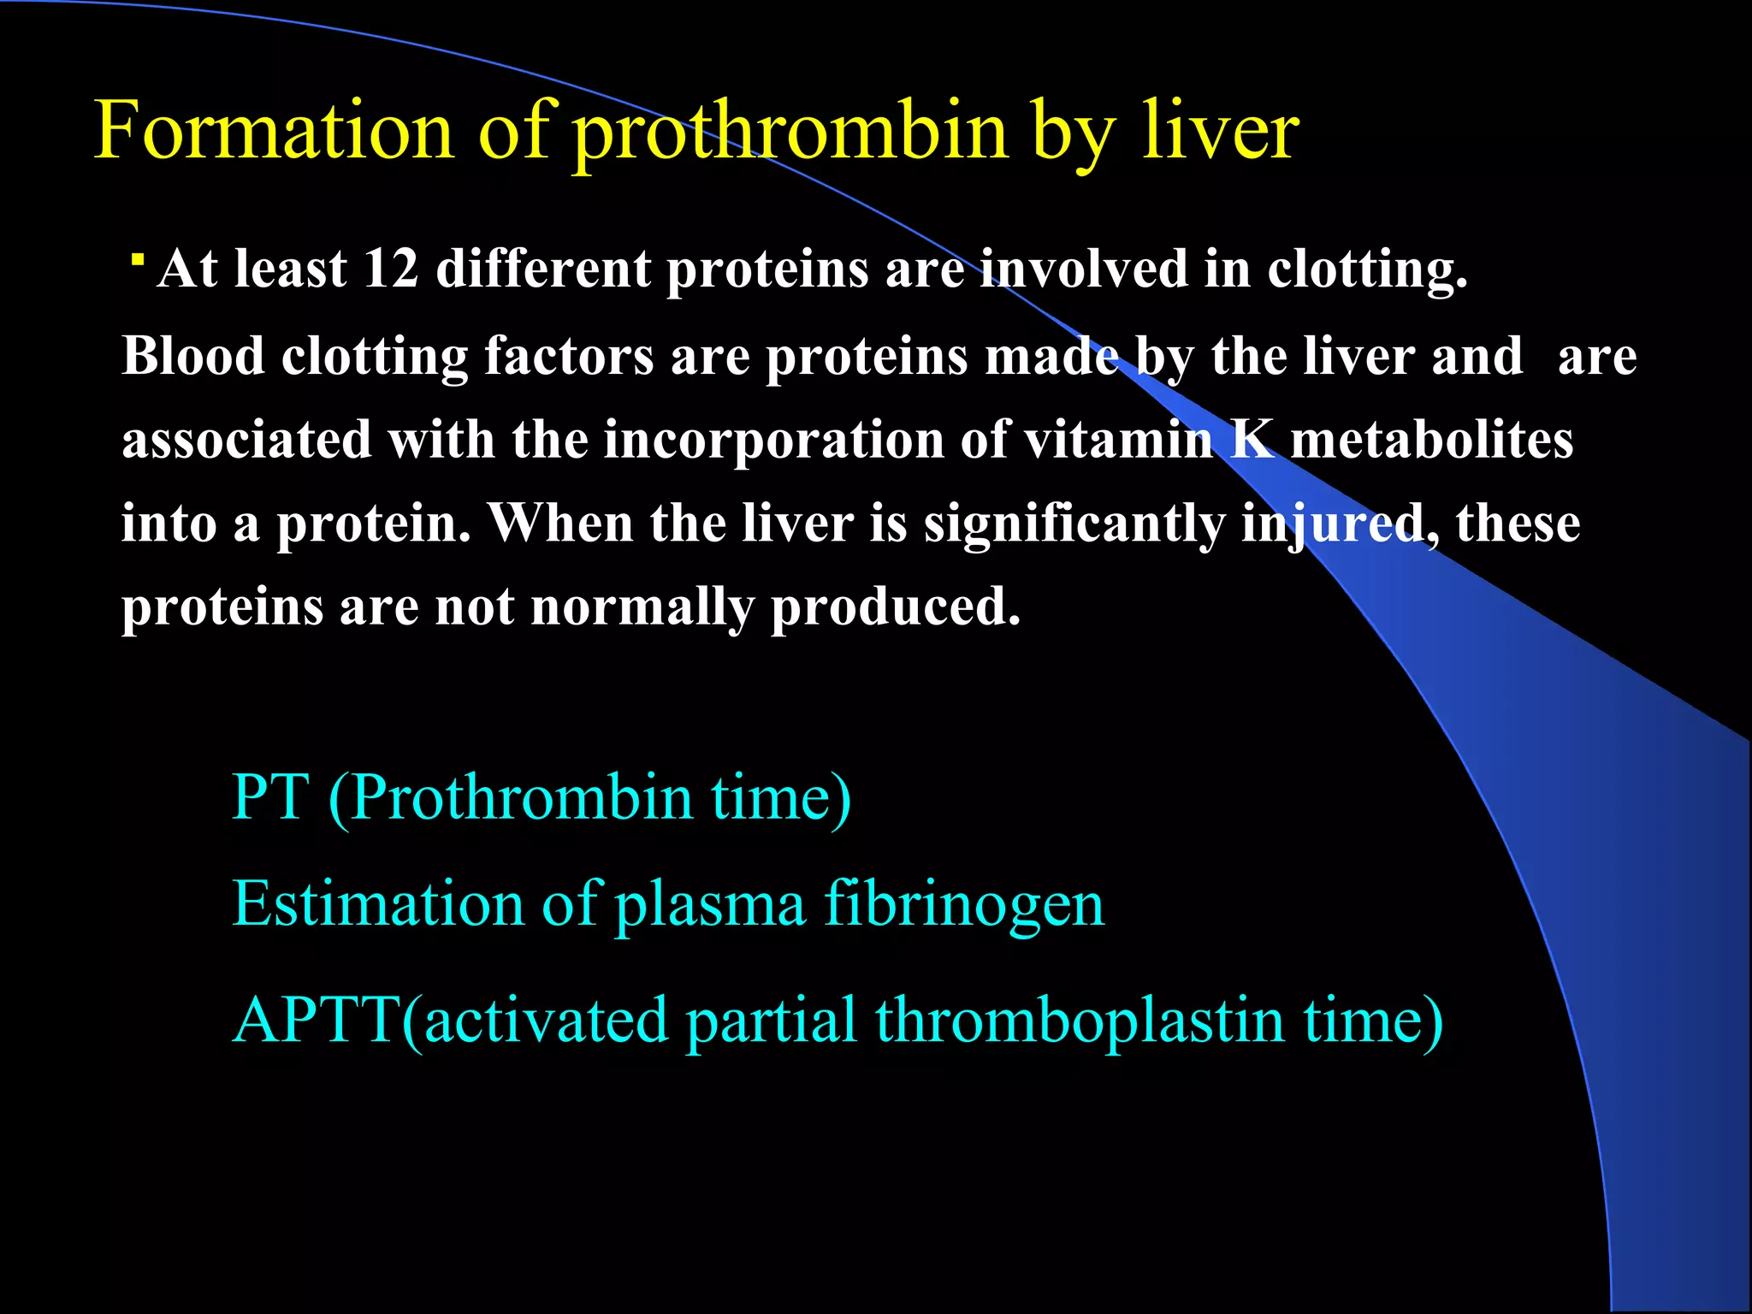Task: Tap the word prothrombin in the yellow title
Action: (x=790, y=133)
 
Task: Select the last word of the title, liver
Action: (x=1221, y=131)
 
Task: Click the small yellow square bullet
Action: (x=137, y=258)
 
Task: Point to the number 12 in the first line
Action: (x=391, y=269)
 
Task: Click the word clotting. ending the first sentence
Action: (x=1366, y=270)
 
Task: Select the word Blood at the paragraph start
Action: (x=193, y=355)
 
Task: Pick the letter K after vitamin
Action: (x=1251, y=438)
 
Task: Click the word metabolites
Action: (x=1431, y=439)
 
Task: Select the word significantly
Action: (x=1074, y=524)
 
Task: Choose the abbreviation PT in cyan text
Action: (x=269, y=797)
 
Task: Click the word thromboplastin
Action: (x=1080, y=1021)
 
